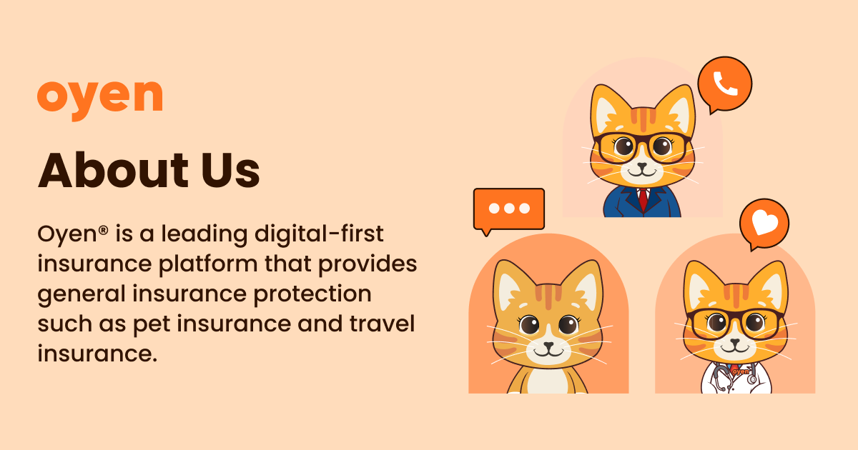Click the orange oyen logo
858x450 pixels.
point(99,97)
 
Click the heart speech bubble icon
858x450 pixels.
point(764,224)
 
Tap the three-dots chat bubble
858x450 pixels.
point(509,209)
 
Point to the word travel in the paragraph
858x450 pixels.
point(383,324)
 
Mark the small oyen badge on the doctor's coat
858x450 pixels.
point(741,371)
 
